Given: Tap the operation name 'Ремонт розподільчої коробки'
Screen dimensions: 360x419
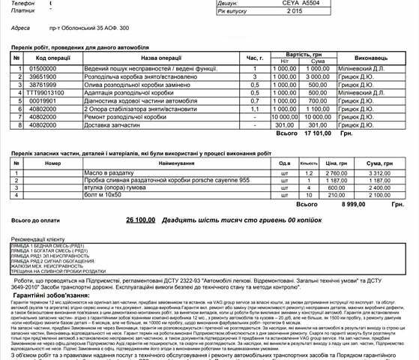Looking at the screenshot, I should click(x=124, y=116).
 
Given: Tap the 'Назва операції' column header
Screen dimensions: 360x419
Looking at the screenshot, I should click(x=160, y=57).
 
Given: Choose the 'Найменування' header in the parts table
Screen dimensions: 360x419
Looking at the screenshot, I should click(x=176, y=163).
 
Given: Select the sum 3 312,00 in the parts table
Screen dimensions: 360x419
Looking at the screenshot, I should click(x=382, y=172).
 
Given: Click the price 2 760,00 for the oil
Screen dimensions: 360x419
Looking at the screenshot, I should click(x=335, y=172).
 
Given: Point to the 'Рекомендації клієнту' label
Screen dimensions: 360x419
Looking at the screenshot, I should click(x=37, y=238).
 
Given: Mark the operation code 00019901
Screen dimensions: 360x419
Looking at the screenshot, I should click(x=43, y=100).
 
